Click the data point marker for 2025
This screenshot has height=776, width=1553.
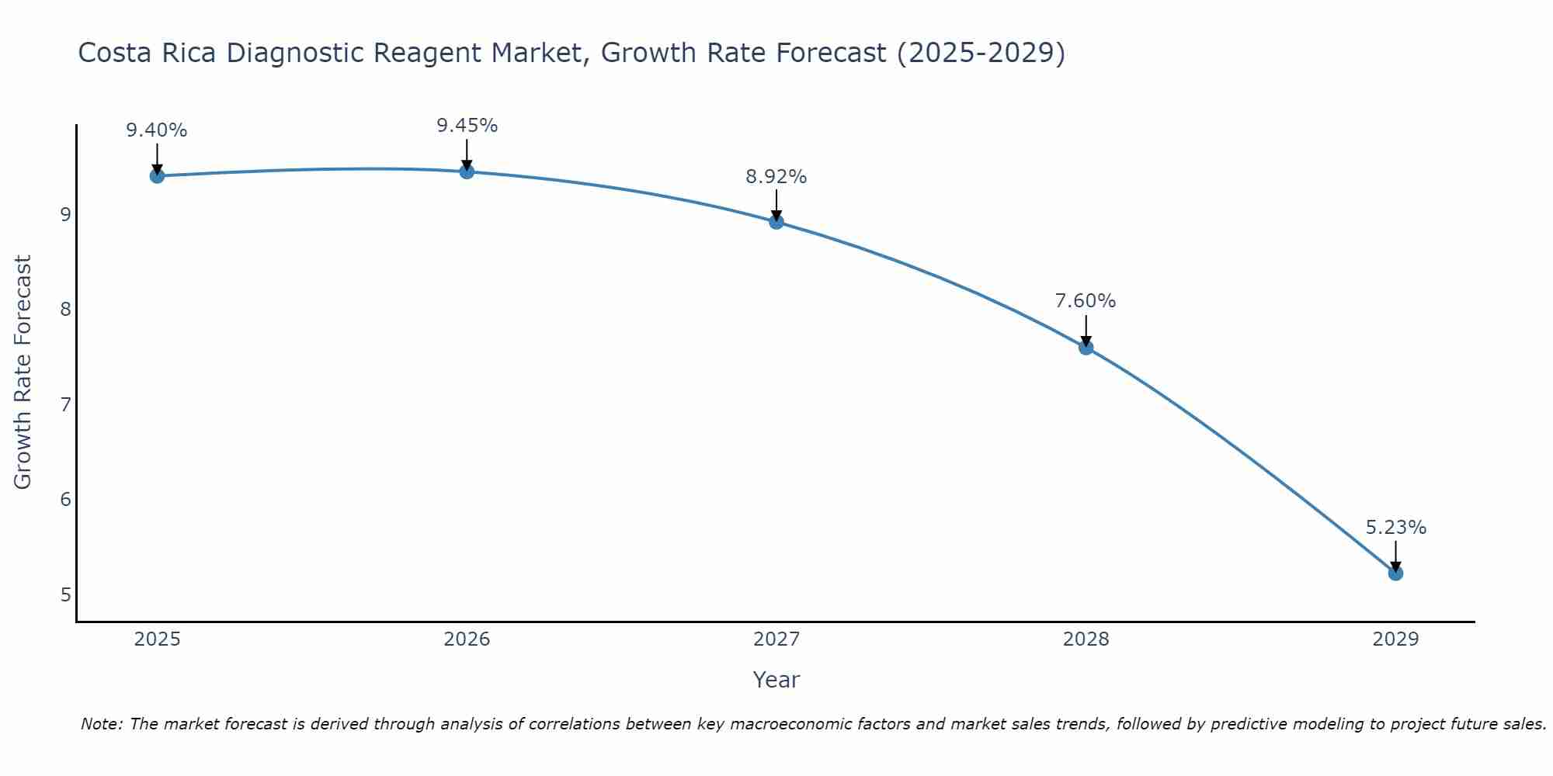tap(157, 176)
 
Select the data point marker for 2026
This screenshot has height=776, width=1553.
tap(467, 171)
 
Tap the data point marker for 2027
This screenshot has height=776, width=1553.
tap(776, 222)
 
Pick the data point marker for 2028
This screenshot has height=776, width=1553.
tap(1086, 347)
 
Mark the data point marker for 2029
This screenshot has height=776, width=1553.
tap(1395, 573)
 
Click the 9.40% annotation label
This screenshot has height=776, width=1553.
tap(157, 130)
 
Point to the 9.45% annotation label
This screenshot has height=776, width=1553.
tap(467, 126)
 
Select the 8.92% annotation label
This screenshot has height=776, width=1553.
tap(776, 177)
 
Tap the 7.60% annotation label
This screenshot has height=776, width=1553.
tap(1086, 301)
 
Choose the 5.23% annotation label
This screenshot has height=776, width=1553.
tap(1395, 528)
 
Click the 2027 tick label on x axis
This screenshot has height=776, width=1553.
tap(776, 639)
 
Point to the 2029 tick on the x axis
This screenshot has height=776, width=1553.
tap(1395, 639)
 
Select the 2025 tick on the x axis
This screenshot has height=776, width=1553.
tap(157, 639)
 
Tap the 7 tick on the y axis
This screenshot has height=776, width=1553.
tap(65, 404)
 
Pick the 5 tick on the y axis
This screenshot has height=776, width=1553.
tap(65, 595)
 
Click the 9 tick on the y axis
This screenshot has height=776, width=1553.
tap(65, 214)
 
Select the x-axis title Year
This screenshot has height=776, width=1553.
tap(776, 680)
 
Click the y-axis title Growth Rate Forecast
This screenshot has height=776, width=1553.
tap(23, 372)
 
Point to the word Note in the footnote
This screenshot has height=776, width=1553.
tap(101, 724)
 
